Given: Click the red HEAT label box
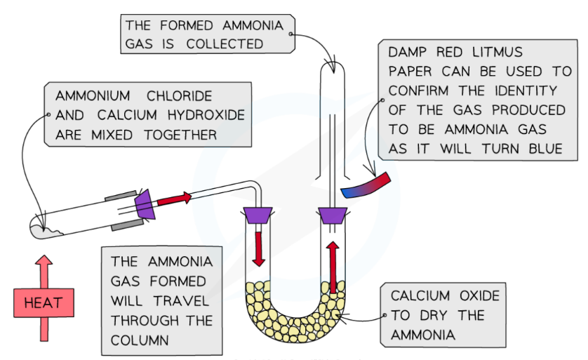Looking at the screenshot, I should pyautogui.click(x=44, y=304).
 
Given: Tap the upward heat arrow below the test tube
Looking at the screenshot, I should pyautogui.click(x=44, y=270).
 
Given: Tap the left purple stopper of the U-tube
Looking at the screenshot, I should pyautogui.click(x=258, y=215).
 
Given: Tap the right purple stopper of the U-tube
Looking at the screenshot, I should pyautogui.click(x=333, y=215).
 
